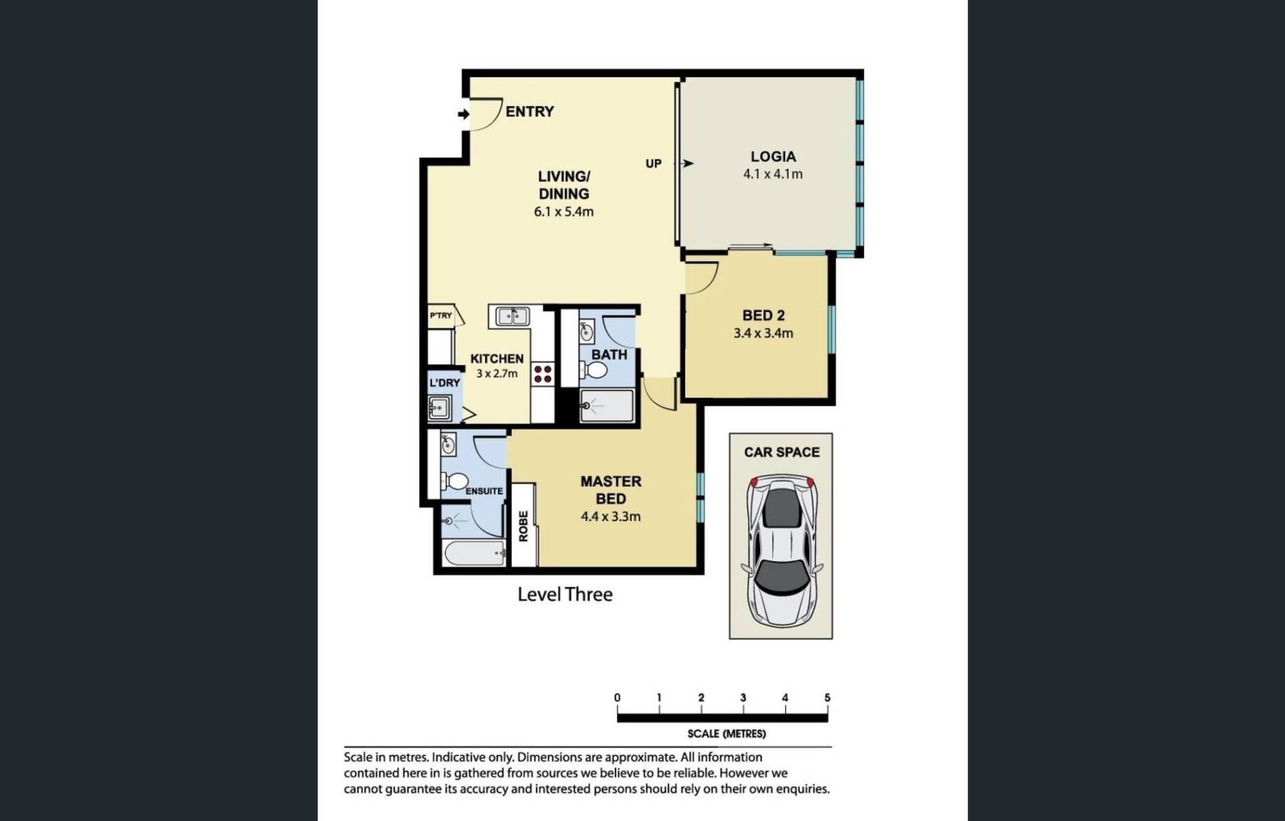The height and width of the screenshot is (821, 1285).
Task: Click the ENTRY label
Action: [529, 112]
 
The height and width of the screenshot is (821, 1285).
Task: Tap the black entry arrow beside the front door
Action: [463, 114]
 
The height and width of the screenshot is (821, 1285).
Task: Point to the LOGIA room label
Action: [773, 157]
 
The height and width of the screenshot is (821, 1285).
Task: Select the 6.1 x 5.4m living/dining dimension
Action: [564, 212]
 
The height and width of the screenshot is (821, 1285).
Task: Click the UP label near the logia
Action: [653, 164]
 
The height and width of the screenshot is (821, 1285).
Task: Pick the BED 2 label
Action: [763, 315]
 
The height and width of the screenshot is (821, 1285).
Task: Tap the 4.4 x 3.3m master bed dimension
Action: [610, 517]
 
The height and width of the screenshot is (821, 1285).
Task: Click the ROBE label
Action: [523, 526]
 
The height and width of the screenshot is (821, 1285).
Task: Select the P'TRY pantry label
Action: [441, 315]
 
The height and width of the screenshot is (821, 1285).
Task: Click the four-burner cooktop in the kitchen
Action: [543, 374]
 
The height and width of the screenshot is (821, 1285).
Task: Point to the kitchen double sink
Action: [512, 316]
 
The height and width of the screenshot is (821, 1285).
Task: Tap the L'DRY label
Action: [444, 383]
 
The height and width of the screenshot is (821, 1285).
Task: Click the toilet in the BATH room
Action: [594, 369]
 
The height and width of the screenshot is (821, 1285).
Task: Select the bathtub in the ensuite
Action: [475, 553]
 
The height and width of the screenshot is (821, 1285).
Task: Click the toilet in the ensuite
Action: [455, 481]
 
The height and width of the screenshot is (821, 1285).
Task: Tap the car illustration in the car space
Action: [781, 551]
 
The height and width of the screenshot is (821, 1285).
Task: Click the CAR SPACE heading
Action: [782, 452]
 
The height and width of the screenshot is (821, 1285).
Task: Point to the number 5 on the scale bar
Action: [827, 698]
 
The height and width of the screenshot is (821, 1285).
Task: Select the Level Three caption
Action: [565, 594]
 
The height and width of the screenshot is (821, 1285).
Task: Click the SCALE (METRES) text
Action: [726, 734]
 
